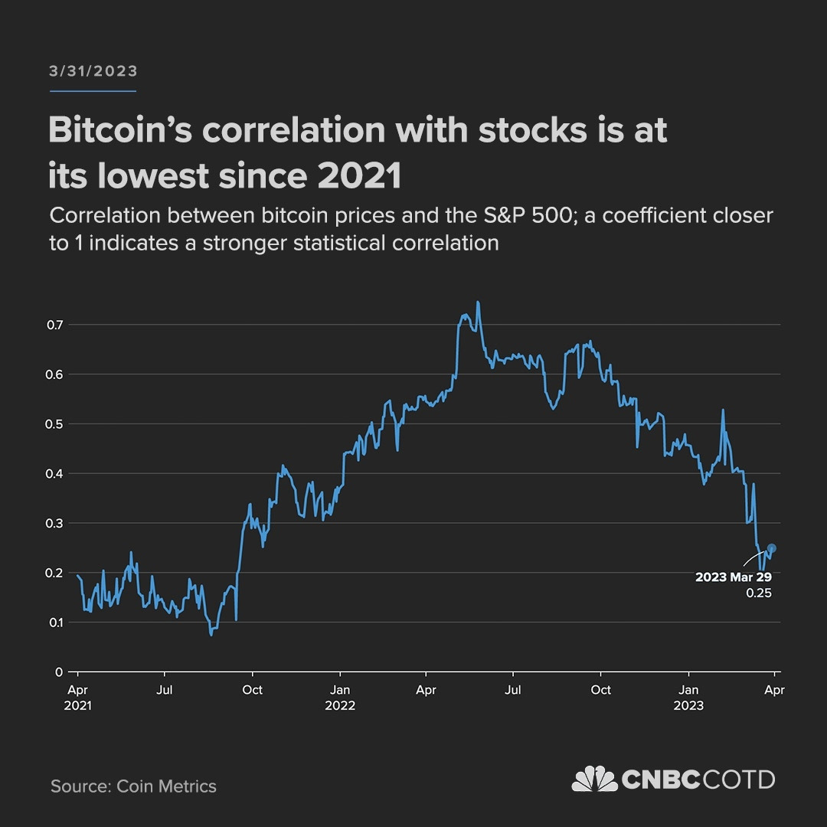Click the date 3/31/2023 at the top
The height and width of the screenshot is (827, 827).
[93, 71]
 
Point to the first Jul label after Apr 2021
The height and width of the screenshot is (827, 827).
[165, 690]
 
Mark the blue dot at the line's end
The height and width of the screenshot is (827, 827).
[772, 548]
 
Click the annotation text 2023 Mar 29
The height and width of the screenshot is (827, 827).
[733, 577]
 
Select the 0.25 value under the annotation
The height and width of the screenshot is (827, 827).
[759, 593]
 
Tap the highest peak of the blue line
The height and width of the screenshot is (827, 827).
[478, 302]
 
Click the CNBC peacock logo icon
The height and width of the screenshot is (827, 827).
[595, 780]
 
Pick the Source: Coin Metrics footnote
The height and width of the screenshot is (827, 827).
[133, 786]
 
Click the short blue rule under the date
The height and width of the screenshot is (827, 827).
[93, 91]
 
